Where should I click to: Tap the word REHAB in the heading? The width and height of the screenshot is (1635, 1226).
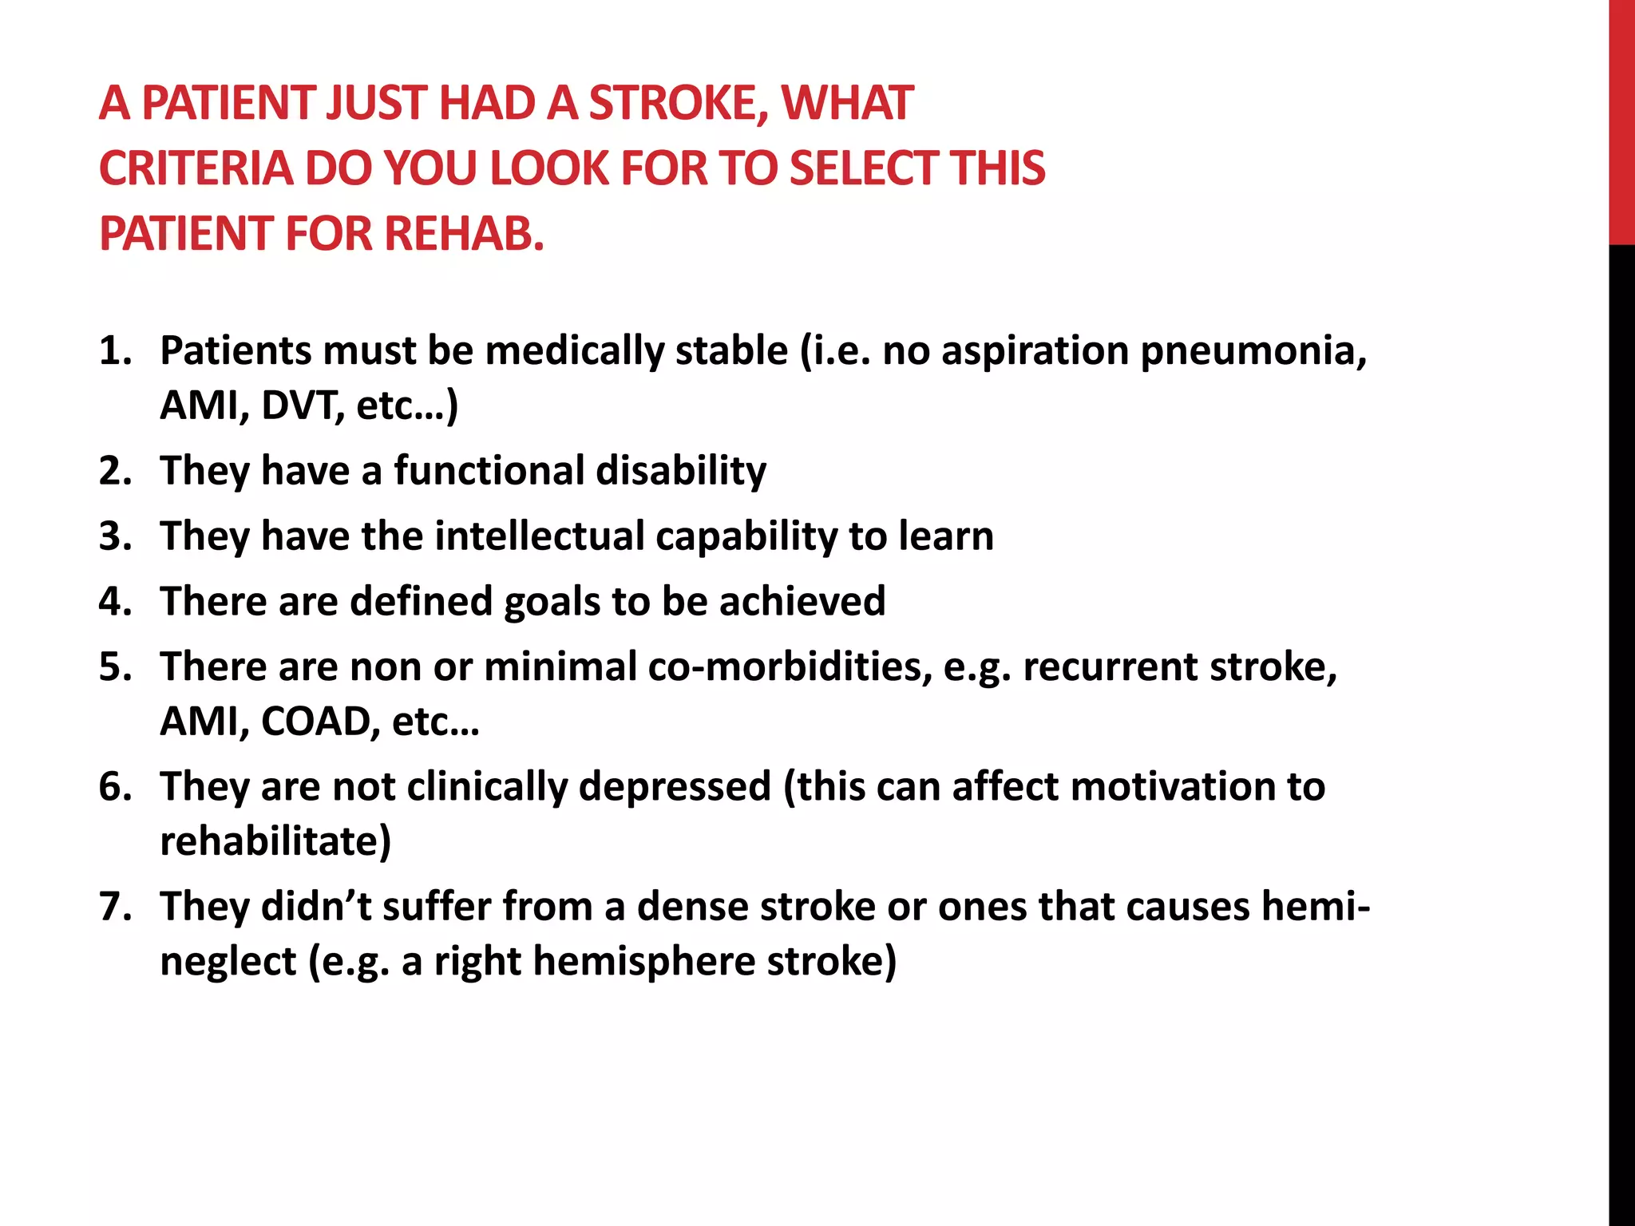pyautogui.click(x=464, y=235)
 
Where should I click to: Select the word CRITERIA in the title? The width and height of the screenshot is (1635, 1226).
pyautogui.click(x=196, y=169)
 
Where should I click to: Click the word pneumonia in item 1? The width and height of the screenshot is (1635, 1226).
pyautogui.click(x=1253, y=351)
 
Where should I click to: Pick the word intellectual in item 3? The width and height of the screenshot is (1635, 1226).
pyautogui.click(x=540, y=536)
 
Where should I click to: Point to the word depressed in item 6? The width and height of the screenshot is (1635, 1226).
pyautogui.click(x=675, y=786)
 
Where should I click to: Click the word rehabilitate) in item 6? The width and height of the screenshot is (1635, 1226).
pyautogui.click(x=275, y=841)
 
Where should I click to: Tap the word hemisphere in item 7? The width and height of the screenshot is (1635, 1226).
pyautogui.click(x=643, y=961)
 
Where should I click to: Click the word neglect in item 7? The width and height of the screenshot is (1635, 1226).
pyautogui.click(x=228, y=961)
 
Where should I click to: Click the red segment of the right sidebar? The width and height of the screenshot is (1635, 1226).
pyautogui.click(x=1621, y=120)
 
